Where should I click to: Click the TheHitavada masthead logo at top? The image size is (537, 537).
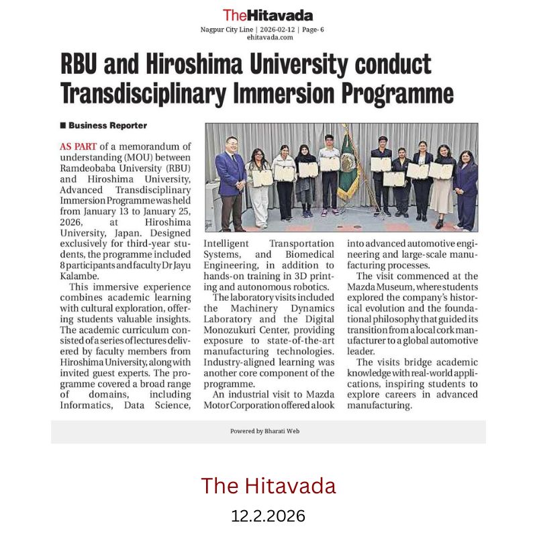point(268,15)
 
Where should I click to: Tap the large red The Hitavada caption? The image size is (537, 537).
point(268,485)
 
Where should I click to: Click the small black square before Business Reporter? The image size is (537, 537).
point(63,126)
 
